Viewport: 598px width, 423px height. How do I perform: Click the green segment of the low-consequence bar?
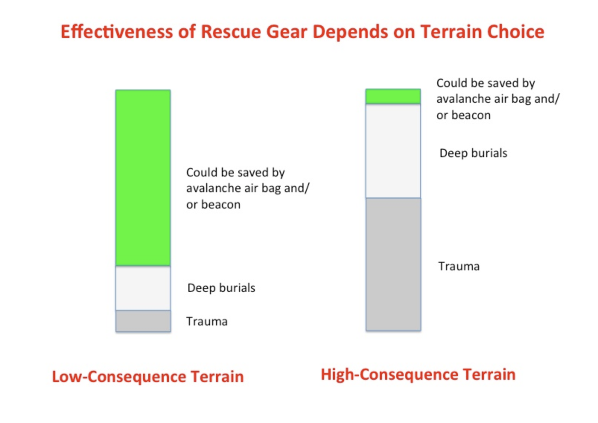143,178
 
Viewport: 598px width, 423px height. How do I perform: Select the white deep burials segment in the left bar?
143,288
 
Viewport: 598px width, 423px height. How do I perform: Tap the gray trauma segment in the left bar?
143,321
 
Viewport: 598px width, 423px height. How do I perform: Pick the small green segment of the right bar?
393,96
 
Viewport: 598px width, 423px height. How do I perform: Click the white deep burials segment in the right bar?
393,151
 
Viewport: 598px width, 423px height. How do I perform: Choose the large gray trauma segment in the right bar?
394,264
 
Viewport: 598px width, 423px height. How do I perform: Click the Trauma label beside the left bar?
207,321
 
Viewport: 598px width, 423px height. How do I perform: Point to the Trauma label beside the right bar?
459,266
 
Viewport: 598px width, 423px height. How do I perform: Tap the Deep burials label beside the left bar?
221,288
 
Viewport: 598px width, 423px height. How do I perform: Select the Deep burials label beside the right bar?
473,153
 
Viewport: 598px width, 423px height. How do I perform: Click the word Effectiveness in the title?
117,32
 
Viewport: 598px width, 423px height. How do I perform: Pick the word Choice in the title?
516,32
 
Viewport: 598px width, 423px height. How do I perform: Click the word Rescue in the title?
230,32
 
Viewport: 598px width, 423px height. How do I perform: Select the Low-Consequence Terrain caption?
148,376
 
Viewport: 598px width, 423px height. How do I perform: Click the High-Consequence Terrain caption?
418,374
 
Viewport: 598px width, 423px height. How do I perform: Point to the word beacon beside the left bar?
221,204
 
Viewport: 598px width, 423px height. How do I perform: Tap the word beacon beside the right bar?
471,115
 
